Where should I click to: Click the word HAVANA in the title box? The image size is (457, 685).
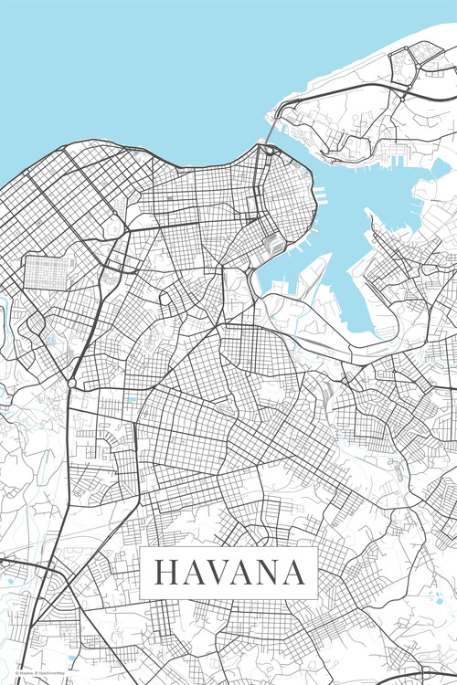(228, 573)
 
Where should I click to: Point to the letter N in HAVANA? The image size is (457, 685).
(265, 573)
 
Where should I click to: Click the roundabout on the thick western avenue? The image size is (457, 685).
(71, 384)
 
